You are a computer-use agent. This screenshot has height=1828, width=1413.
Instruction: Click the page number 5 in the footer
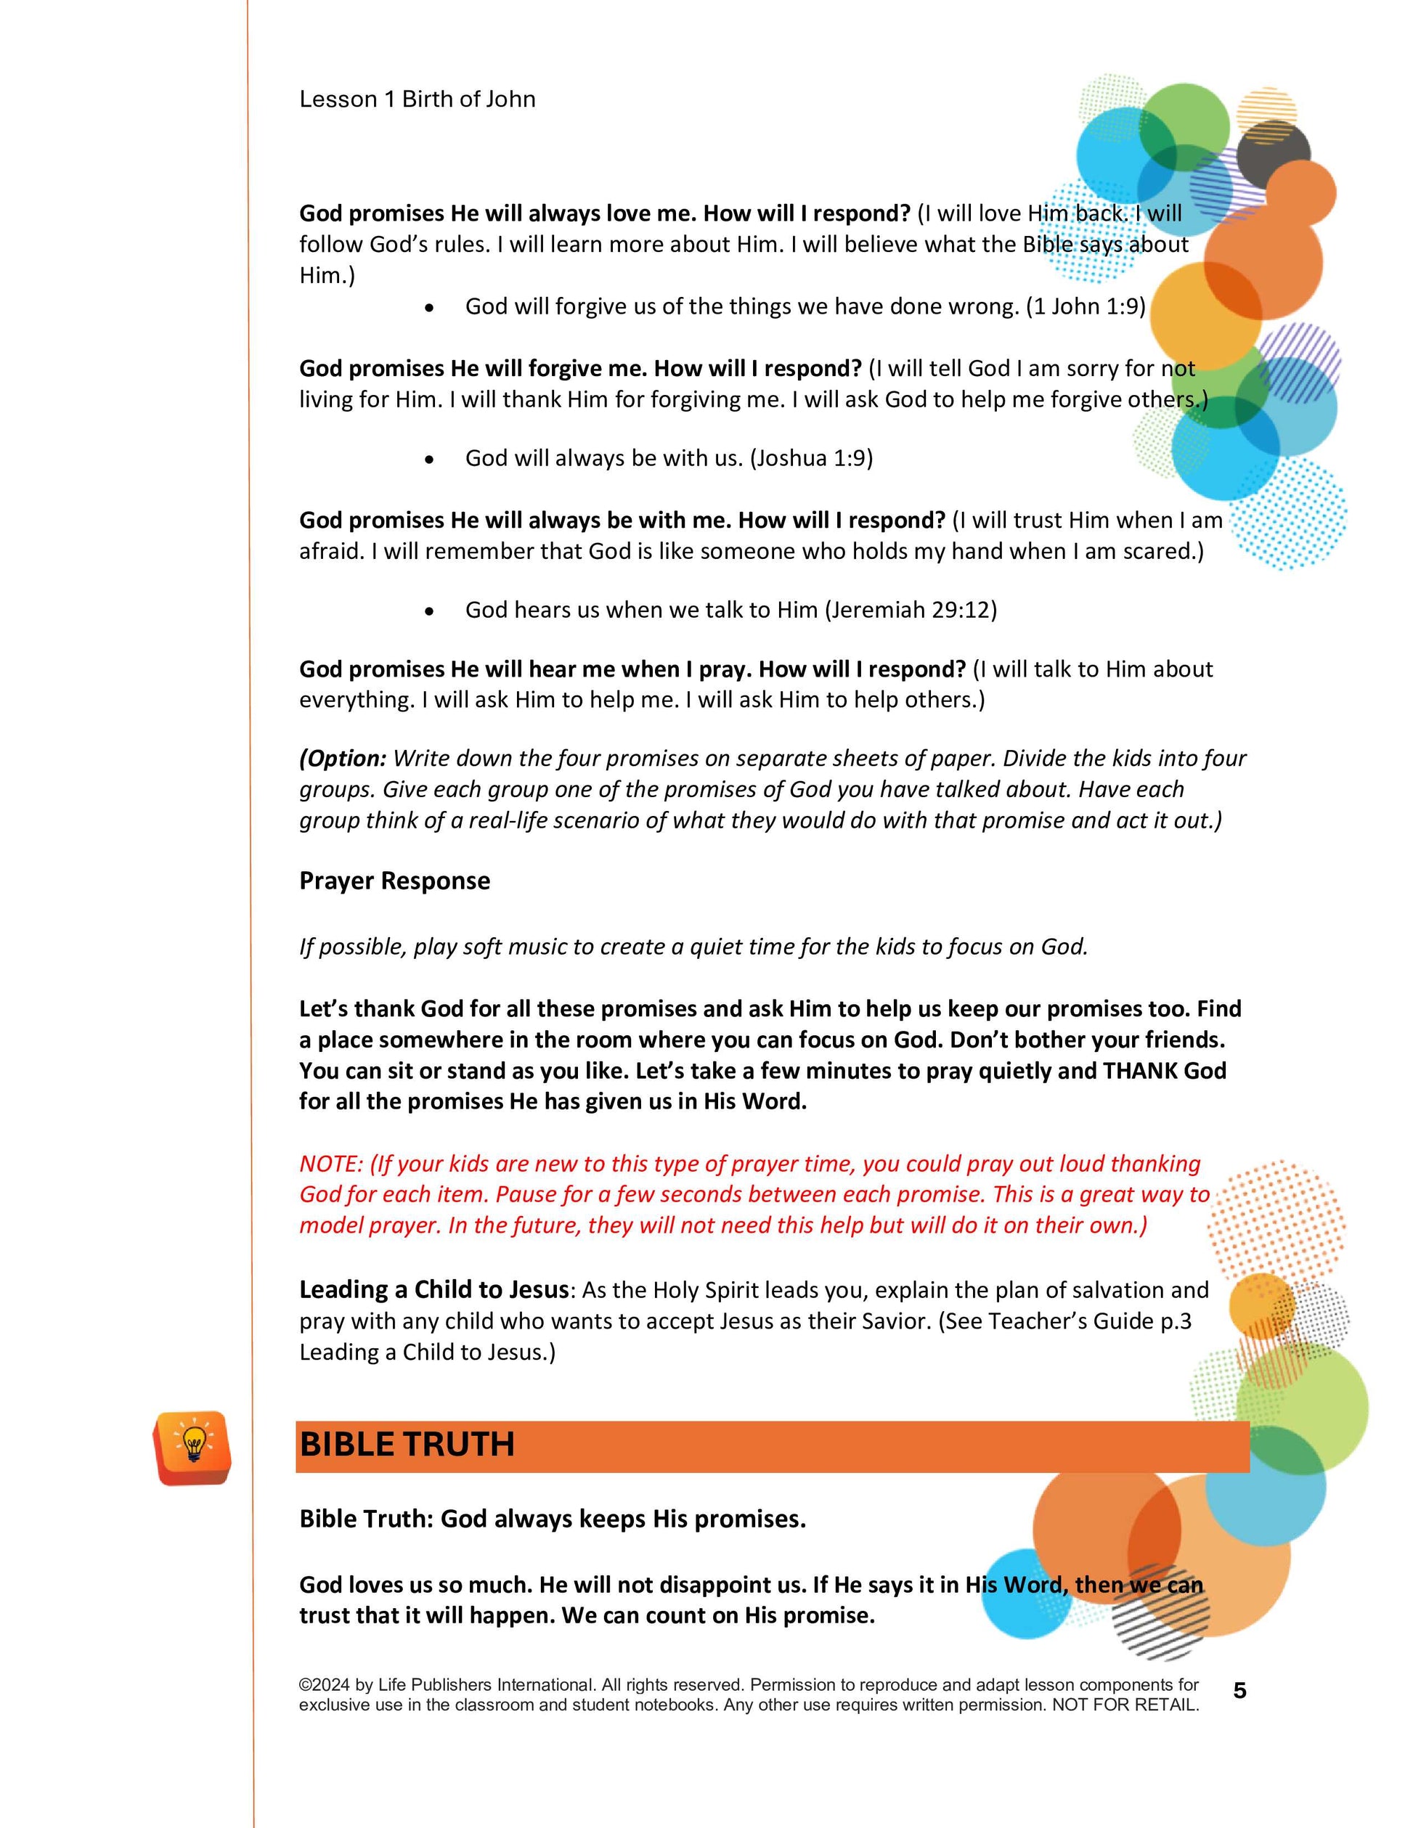pyautogui.click(x=1239, y=1692)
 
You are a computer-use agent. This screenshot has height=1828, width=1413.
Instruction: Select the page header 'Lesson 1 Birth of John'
pyautogui.click(x=417, y=99)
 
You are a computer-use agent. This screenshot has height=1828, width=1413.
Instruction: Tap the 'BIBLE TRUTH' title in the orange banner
pyautogui.click(x=407, y=1445)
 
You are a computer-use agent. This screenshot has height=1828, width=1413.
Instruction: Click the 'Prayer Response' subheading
pyautogui.click(x=394, y=881)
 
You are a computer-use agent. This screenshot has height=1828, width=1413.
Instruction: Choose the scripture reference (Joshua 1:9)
pyautogui.click(x=811, y=459)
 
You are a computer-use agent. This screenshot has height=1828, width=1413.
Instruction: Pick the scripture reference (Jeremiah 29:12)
pyautogui.click(x=911, y=610)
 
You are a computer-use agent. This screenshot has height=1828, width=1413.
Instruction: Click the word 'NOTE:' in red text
pyautogui.click(x=332, y=1164)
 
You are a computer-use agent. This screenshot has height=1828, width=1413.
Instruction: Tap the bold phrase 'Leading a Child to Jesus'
pyautogui.click(x=433, y=1290)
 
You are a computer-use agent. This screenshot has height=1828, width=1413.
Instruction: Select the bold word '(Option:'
pyautogui.click(x=343, y=759)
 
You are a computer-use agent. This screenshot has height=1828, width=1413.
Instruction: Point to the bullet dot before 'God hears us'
pyautogui.click(x=429, y=612)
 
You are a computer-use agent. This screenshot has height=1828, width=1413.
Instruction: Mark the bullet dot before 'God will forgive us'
pyautogui.click(x=429, y=308)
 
